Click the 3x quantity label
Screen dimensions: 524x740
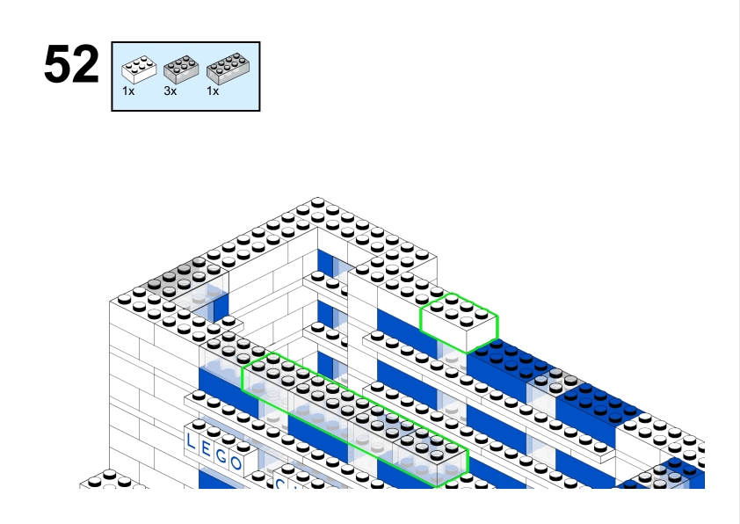pos(170,91)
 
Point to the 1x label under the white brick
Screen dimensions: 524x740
pos(128,91)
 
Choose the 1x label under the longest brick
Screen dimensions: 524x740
pos(213,91)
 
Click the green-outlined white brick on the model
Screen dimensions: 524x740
pos(459,323)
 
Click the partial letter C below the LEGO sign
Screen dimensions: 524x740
pos(280,484)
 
